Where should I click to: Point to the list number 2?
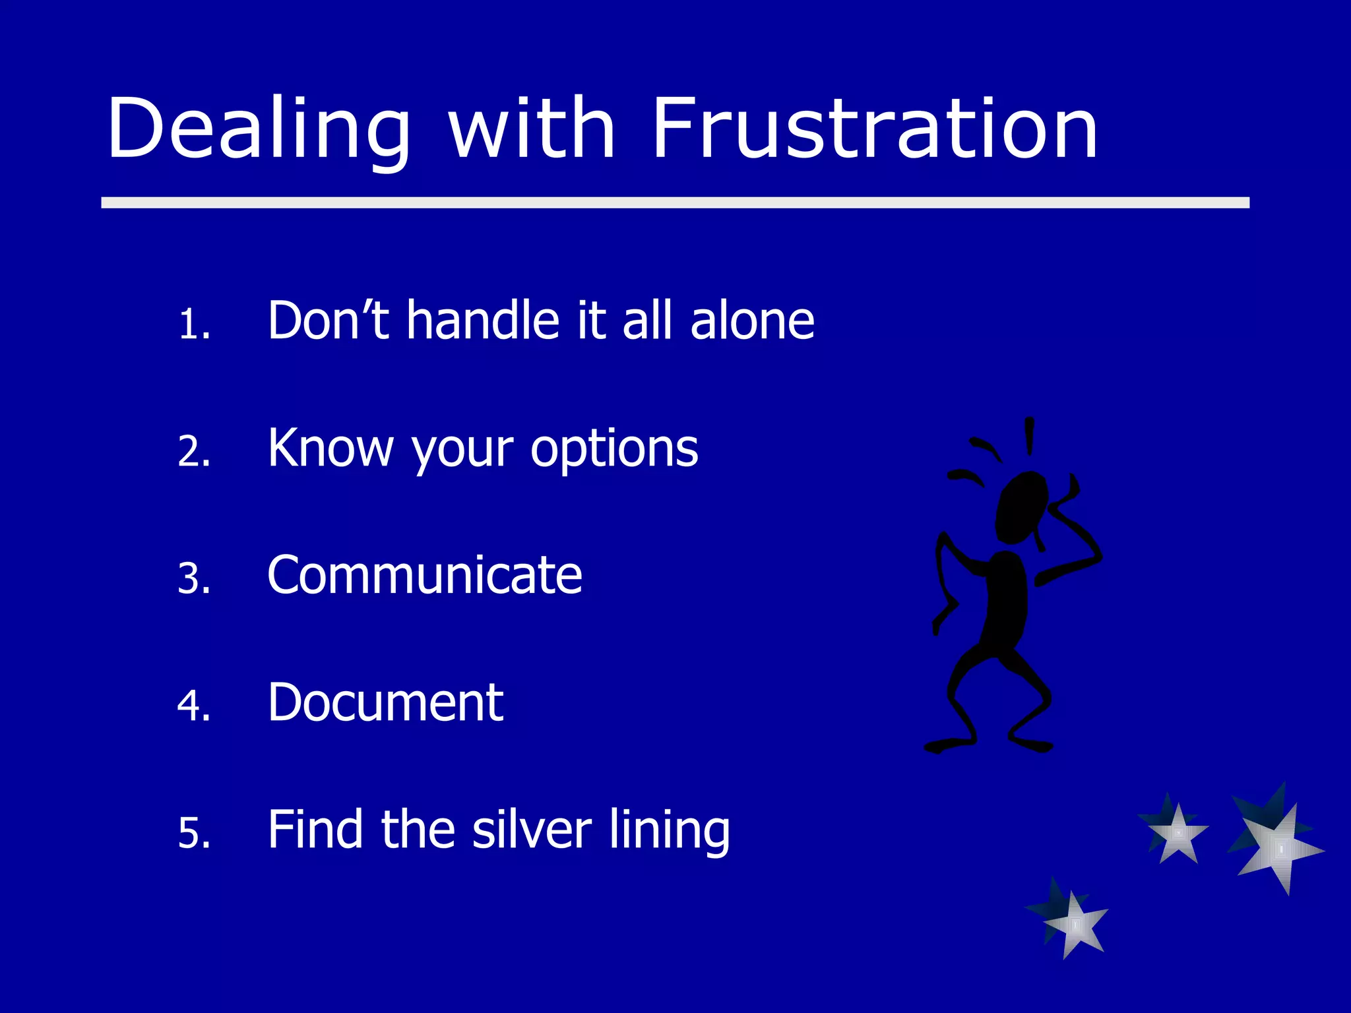[194, 452]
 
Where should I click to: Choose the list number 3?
[194, 579]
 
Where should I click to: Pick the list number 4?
[194, 706]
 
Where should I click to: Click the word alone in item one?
[752, 321]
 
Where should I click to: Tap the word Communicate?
[425, 575]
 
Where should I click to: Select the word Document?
[385, 702]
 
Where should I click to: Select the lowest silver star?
[1074, 923]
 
